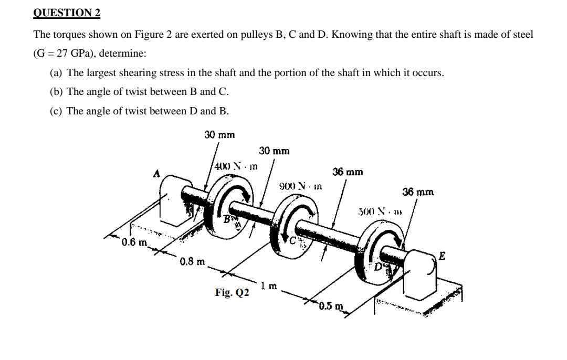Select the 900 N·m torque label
click(x=300, y=186)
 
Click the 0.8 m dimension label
click(x=192, y=261)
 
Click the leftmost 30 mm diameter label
click(x=219, y=135)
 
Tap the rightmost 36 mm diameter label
click(x=418, y=192)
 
